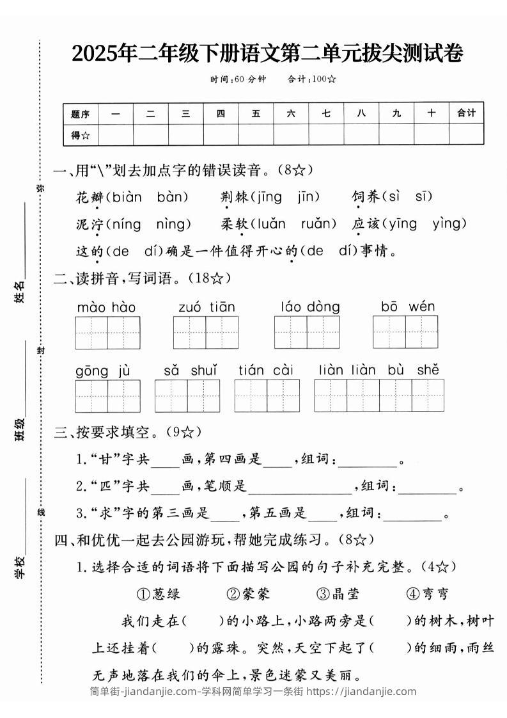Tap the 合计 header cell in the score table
pyautogui.click(x=466, y=113)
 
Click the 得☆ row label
pyautogui.click(x=81, y=134)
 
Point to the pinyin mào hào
pyautogui.click(x=106, y=308)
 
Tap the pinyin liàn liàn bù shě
pyautogui.click(x=378, y=370)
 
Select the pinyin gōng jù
pyautogui.click(x=103, y=371)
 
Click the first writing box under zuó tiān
pyautogui.click(x=189, y=332)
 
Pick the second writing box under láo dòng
pyautogui.click(x=324, y=332)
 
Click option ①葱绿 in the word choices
pyautogui.click(x=159, y=594)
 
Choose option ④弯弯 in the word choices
pyautogui.click(x=427, y=594)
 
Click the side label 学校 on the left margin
pyautogui.click(x=20, y=566)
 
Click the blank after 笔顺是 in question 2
pyautogui.click(x=299, y=487)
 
